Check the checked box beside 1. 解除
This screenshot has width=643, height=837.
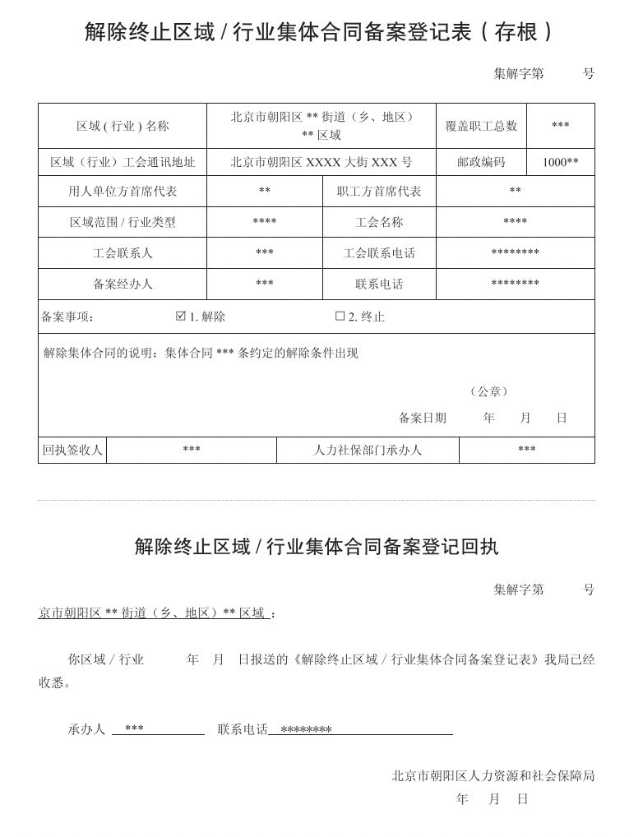181,316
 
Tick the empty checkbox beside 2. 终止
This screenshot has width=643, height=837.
340,316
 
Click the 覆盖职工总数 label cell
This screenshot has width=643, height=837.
481,126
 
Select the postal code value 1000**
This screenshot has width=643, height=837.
560,162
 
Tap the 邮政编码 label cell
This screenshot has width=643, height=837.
481,162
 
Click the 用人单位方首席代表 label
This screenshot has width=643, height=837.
123,191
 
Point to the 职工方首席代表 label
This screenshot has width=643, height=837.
379,191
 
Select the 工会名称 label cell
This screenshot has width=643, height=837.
379,222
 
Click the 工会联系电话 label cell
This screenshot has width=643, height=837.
379,253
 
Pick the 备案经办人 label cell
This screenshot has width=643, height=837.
123,284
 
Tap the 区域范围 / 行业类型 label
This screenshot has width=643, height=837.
123,222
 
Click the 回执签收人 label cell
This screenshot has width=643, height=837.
72,450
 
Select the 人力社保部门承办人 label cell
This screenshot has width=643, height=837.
368,450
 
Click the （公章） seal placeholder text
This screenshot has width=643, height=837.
489,391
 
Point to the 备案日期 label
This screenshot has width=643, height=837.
423,418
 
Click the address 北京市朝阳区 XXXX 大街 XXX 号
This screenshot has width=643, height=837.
321,162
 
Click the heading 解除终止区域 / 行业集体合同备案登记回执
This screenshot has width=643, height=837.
317,547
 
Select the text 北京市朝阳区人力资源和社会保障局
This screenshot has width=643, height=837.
493,775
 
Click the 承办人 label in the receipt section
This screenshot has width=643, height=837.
86,729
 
